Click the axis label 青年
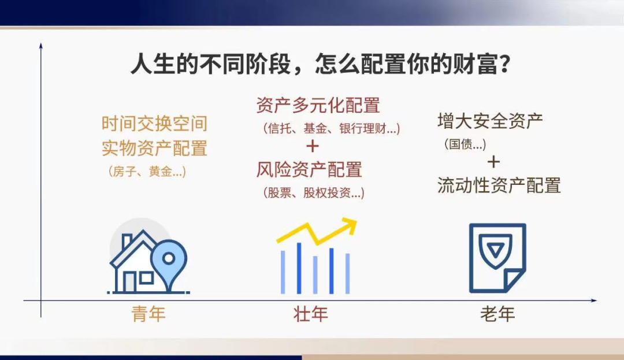pyautogui.click(x=148, y=314)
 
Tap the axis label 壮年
pyautogui.click(x=311, y=314)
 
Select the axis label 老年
pyautogui.click(x=497, y=314)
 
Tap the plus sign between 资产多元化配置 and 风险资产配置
pyautogui.click(x=313, y=146)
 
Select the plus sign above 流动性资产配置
pyautogui.click(x=493, y=161)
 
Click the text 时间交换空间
pyautogui.click(x=154, y=123)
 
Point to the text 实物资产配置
pyautogui.click(x=154, y=148)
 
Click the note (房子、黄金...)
pyautogui.click(x=147, y=172)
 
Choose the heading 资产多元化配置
pyautogui.click(x=318, y=105)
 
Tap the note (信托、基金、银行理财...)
pyautogui.click(x=331, y=128)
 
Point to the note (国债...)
pyautogui.click(x=465, y=144)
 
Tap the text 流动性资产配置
pyautogui.click(x=499, y=185)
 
